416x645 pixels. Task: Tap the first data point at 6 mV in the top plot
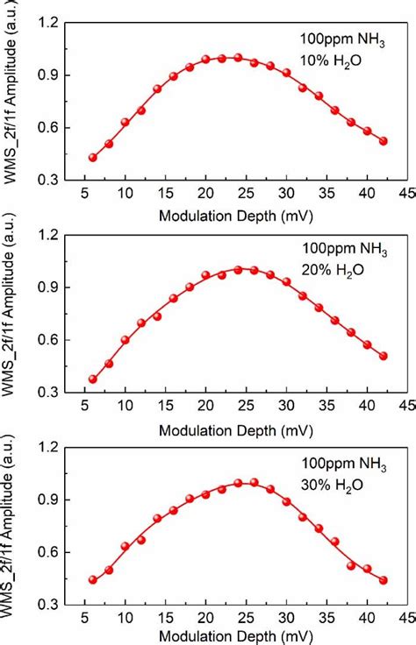pyautogui.click(x=93, y=158)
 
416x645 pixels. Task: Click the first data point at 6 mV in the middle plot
pyautogui.click(x=93, y=379)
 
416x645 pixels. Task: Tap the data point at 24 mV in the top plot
pyautogui.click(x=238, y=58)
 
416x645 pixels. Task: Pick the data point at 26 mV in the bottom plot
pyautogui.click(x=254, y=483)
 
